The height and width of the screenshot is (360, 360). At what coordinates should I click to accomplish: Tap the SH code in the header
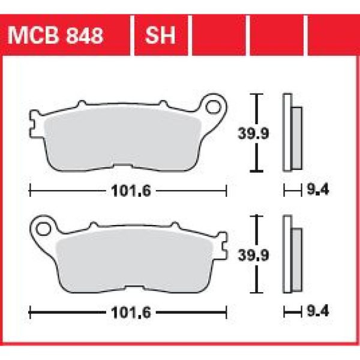click(x=160, y=36)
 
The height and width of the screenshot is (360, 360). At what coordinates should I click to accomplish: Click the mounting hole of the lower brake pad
click(x=43, y=229)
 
